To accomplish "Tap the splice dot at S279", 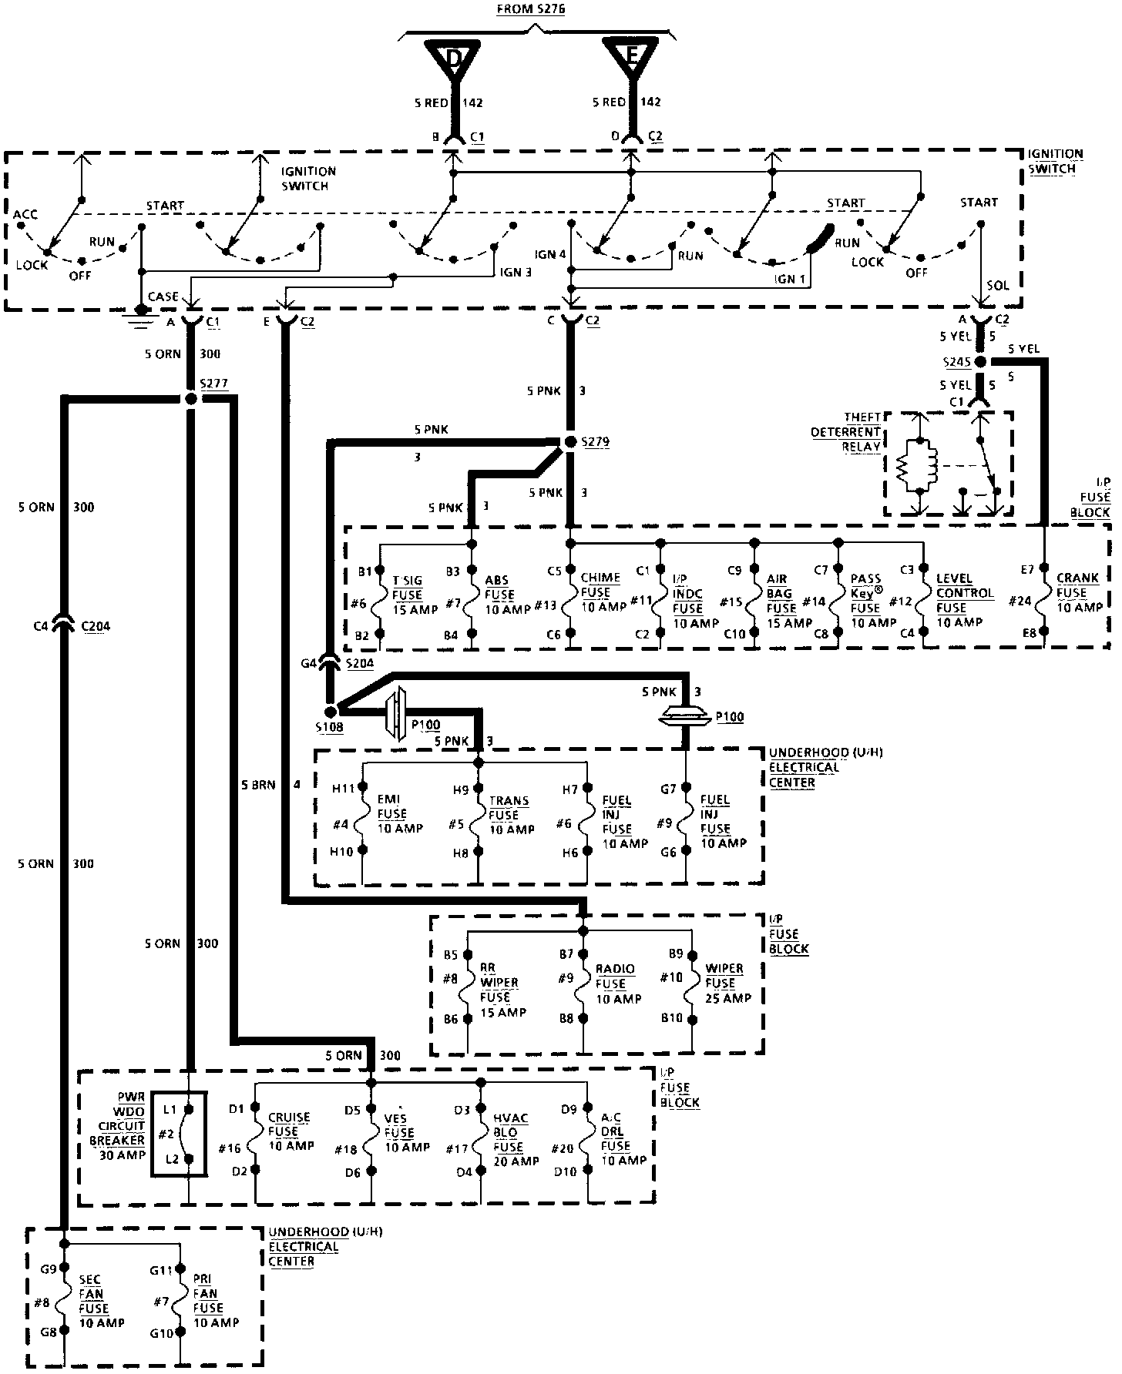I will click(x=570, y=441).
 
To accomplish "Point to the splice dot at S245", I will click(x=979, y=361).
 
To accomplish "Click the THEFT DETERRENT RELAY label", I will click(x=845, y=433).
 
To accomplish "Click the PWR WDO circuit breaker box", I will click(x=179, y=1134).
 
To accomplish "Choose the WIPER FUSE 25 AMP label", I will click(x=727, y=983).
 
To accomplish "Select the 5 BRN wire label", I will click(x=257, y=786).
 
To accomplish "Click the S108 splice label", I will click(x=330, y=726).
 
